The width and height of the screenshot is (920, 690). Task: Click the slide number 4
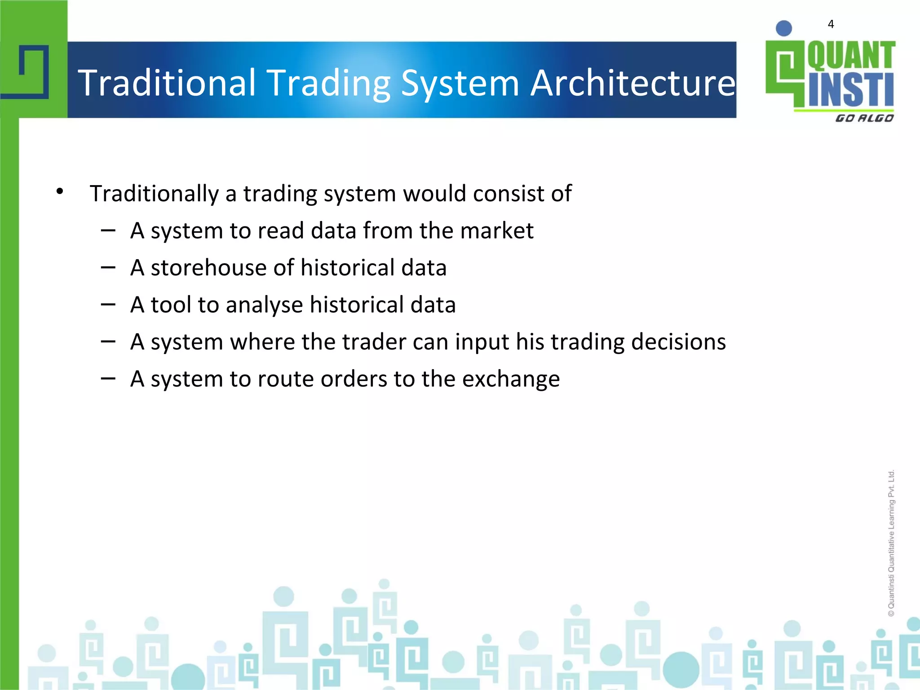point(831,24)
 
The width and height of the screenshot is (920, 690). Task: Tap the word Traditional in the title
point(167,83)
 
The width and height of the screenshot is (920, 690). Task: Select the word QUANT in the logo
point(851,56)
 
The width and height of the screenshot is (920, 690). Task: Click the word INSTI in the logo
point(851,90)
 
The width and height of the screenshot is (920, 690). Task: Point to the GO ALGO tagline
point(864,118)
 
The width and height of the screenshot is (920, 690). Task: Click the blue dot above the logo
point(784,28)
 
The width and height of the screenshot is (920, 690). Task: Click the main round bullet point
point(60,192)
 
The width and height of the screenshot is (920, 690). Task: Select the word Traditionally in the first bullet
point(154,194)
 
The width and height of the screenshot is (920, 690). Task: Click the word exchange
point(511,380)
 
